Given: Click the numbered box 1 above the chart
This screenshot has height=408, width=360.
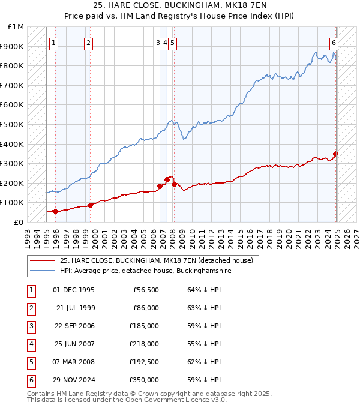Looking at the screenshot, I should (x=55, y=43).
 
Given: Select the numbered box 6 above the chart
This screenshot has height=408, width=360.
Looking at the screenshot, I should (x=334, y=43).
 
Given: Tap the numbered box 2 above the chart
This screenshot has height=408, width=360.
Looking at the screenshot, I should (x=88, y=43).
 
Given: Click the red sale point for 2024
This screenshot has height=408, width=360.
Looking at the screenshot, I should (x=335, y=154).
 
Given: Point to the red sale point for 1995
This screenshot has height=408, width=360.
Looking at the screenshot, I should (x=55, y=211).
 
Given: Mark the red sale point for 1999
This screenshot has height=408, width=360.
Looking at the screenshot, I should (x=90, y=205).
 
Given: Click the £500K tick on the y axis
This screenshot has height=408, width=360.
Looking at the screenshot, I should (x=13, y=124).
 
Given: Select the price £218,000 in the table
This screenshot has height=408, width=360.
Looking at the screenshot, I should (x=146, y=344).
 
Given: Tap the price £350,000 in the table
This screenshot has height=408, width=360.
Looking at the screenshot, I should (x=146, y=380).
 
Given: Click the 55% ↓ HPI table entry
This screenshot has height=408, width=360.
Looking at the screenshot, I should (x=204, y=344).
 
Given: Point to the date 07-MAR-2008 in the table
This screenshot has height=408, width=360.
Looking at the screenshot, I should (x=74, y=362).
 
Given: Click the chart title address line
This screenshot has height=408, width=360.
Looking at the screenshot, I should (x=180, y=7).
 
